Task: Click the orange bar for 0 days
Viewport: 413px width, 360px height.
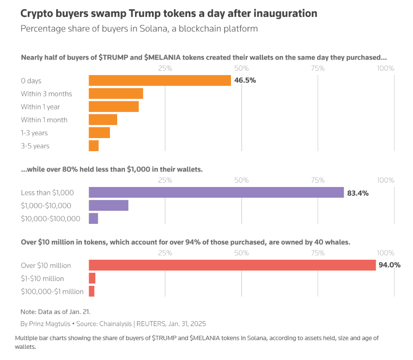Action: tap(160, 80)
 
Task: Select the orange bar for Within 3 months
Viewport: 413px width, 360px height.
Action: tap(116, 94)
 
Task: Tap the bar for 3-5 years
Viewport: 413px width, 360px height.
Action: tap(93, 146)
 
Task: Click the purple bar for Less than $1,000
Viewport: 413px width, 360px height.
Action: tap(216, 193)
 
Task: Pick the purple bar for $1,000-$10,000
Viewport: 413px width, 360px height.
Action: tap(108, 205)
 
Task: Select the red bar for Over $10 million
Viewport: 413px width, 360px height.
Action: tap(232, 265)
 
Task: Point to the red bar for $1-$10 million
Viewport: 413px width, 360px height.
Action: tap(92, 278)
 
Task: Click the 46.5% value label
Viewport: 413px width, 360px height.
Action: tap(245, 80)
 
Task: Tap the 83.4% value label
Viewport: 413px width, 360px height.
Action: tap(358, 193)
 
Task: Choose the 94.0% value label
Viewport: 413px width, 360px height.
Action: tap(390, 265)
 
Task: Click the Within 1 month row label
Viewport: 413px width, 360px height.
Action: tap(44, 120)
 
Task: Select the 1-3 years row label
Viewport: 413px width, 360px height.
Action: tap(34, 133)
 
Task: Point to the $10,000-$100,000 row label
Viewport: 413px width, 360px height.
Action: tap(50, 219)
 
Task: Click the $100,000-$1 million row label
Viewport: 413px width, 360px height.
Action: tap(52, 291)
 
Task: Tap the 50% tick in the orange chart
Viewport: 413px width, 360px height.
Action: tap(241, 68)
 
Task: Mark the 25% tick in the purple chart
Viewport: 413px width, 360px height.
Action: tap(165, 180)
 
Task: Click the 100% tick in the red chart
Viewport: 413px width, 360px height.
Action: tap(385, 252)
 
